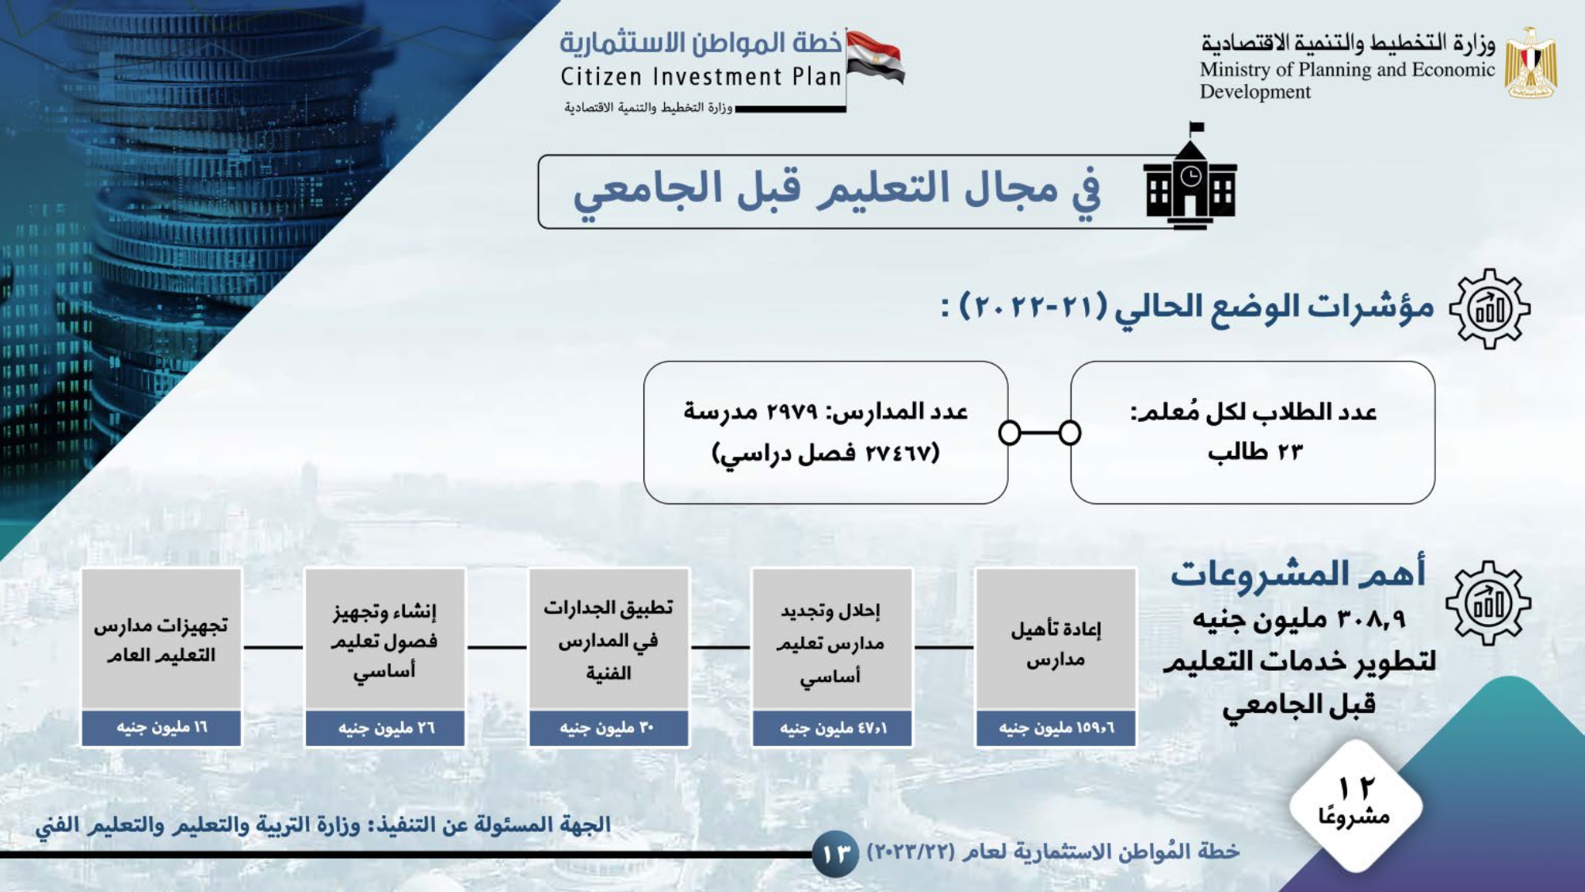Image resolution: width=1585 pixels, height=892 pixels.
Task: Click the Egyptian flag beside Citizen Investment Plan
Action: click(x=875, y=57)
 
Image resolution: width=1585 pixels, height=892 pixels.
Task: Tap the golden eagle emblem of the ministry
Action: click(x=1530, y=63)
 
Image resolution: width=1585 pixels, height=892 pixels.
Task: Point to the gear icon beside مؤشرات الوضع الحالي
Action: click(x=1490, y=308)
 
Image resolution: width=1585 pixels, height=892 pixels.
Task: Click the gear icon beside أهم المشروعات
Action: click(x=1488, y=603)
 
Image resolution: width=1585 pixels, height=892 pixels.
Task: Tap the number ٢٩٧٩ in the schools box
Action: click(x=792, y=412)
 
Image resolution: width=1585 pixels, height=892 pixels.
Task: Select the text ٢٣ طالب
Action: click(x=1255, y=452)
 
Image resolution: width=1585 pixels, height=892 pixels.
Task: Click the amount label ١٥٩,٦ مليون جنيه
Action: click(x=1056, y=728)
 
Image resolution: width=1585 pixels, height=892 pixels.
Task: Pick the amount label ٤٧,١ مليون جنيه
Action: click(x=833, y=728)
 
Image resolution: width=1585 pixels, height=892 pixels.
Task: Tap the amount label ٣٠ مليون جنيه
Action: click(x=607, y=728)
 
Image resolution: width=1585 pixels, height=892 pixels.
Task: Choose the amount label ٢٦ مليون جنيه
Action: click(x=386, y=728)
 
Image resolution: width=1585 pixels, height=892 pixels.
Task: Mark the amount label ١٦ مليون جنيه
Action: click(x=162, y=727)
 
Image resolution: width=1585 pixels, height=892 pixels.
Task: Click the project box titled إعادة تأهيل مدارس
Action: click(x=1056, y=657)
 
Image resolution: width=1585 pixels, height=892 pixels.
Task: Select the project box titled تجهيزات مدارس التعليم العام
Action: click(x=162, y=657)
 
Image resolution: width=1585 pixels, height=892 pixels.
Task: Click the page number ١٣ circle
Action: click(x=835, y=855)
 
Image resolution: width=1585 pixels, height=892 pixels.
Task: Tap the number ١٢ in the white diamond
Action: click(x=1356, y=787)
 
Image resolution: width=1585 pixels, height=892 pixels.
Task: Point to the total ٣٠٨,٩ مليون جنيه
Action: click(x=1299, y=618)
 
